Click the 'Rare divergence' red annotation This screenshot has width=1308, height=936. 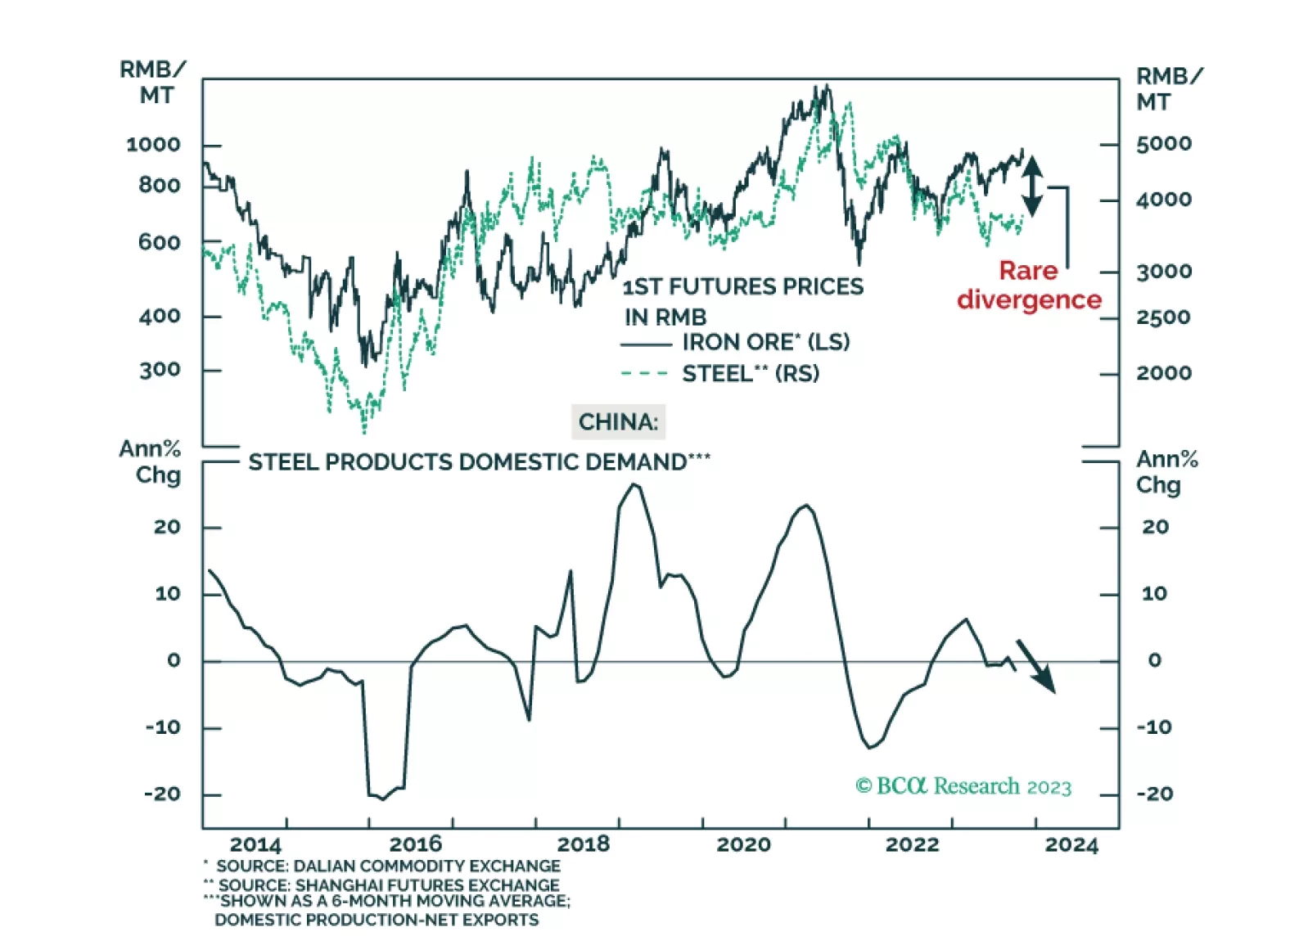(1029, 286)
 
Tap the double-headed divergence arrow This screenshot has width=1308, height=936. (1032, 187)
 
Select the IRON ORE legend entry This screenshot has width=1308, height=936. (735, 342)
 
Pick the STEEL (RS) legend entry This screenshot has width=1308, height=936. (720, 374)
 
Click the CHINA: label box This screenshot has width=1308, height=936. (618, 422)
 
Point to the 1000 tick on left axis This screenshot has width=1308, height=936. (153, 145)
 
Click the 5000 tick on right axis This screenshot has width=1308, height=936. (1163, 144)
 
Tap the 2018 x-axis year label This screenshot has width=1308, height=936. (583, 844)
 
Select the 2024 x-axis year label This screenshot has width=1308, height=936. (1071, 844)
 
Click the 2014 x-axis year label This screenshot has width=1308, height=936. (255, 844)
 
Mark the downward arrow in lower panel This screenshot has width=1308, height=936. (1036, 666)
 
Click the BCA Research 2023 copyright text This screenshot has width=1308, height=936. (963, 786)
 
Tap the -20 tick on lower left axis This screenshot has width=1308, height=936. (162, 794)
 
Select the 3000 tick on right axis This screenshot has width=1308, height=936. (1163, 272)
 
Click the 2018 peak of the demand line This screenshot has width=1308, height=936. (634, 485)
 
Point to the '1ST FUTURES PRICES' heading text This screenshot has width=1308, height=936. (742, 286)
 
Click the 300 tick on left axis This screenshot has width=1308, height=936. (160, 370)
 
